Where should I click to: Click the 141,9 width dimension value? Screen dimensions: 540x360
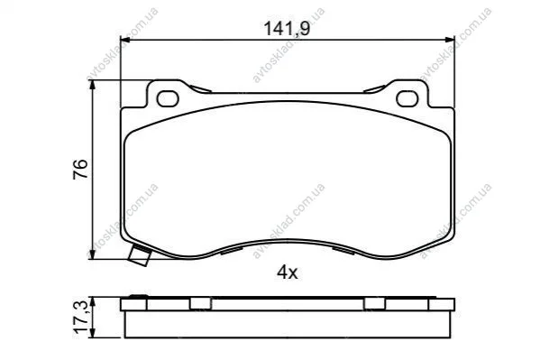287,28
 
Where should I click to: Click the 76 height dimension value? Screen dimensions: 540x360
80,169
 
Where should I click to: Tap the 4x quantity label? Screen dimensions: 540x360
287,272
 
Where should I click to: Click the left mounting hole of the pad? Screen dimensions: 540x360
168,98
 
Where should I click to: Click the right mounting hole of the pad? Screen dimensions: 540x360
407,98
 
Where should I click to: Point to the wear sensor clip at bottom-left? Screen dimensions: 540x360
140,255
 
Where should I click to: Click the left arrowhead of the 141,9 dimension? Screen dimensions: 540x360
125,40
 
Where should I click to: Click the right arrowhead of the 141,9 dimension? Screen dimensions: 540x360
450,40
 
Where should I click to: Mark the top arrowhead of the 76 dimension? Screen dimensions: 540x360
92,85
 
